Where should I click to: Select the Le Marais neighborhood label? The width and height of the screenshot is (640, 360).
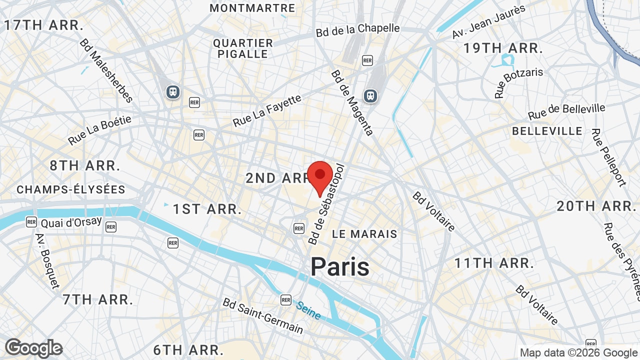coord(364,234)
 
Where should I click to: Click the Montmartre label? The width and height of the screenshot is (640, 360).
coord(252,8)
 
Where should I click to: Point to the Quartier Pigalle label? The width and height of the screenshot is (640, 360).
coord(243,48)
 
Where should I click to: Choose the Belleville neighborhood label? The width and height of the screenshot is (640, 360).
coord(547,131)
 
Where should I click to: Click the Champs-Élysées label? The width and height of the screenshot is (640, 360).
coord(71,190)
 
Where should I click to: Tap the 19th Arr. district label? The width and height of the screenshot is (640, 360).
coord(503,48)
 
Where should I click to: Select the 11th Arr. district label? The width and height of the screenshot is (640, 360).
coord(494,263)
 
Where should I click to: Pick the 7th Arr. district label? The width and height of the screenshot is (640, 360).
coord(98,300)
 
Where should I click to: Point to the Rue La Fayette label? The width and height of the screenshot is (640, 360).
coord(267,110)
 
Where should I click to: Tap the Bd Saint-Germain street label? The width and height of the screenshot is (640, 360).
coord(262,316)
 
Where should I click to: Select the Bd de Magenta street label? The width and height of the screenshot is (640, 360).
coord(352,102)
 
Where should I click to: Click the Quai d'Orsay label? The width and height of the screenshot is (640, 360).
coord(71,222)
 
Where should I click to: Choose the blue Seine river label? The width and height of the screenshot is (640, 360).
coord(308,310)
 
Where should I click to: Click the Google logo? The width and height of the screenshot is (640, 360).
coord(34,348)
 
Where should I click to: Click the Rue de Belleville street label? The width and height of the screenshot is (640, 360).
coord(566,111)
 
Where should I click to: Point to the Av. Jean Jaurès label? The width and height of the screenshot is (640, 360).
coord(488,21)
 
